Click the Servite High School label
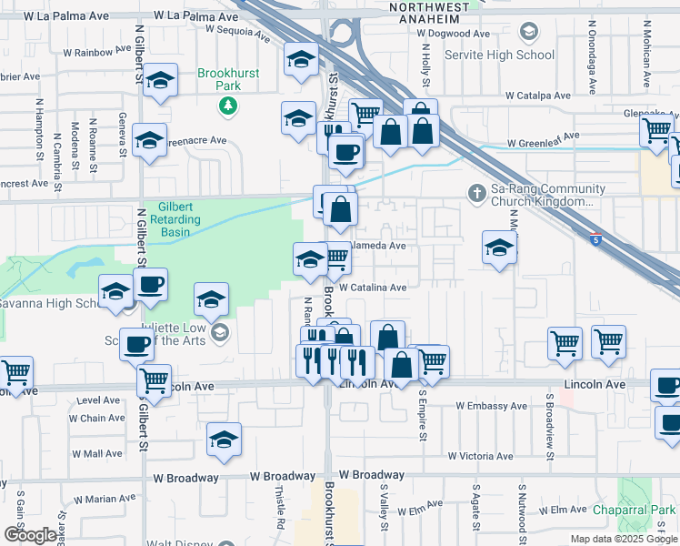click(499, 55)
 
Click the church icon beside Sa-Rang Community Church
click(475, 194)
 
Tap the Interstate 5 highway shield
click(595, 239)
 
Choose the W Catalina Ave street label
click(373, 287)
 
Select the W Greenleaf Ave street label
click(543, 143)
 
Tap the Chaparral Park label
click(643, 511)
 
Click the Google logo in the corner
click(30, 534)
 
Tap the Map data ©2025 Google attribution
click(623, 539)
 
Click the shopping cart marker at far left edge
click(15, 372)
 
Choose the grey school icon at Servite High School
click(527, 33)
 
